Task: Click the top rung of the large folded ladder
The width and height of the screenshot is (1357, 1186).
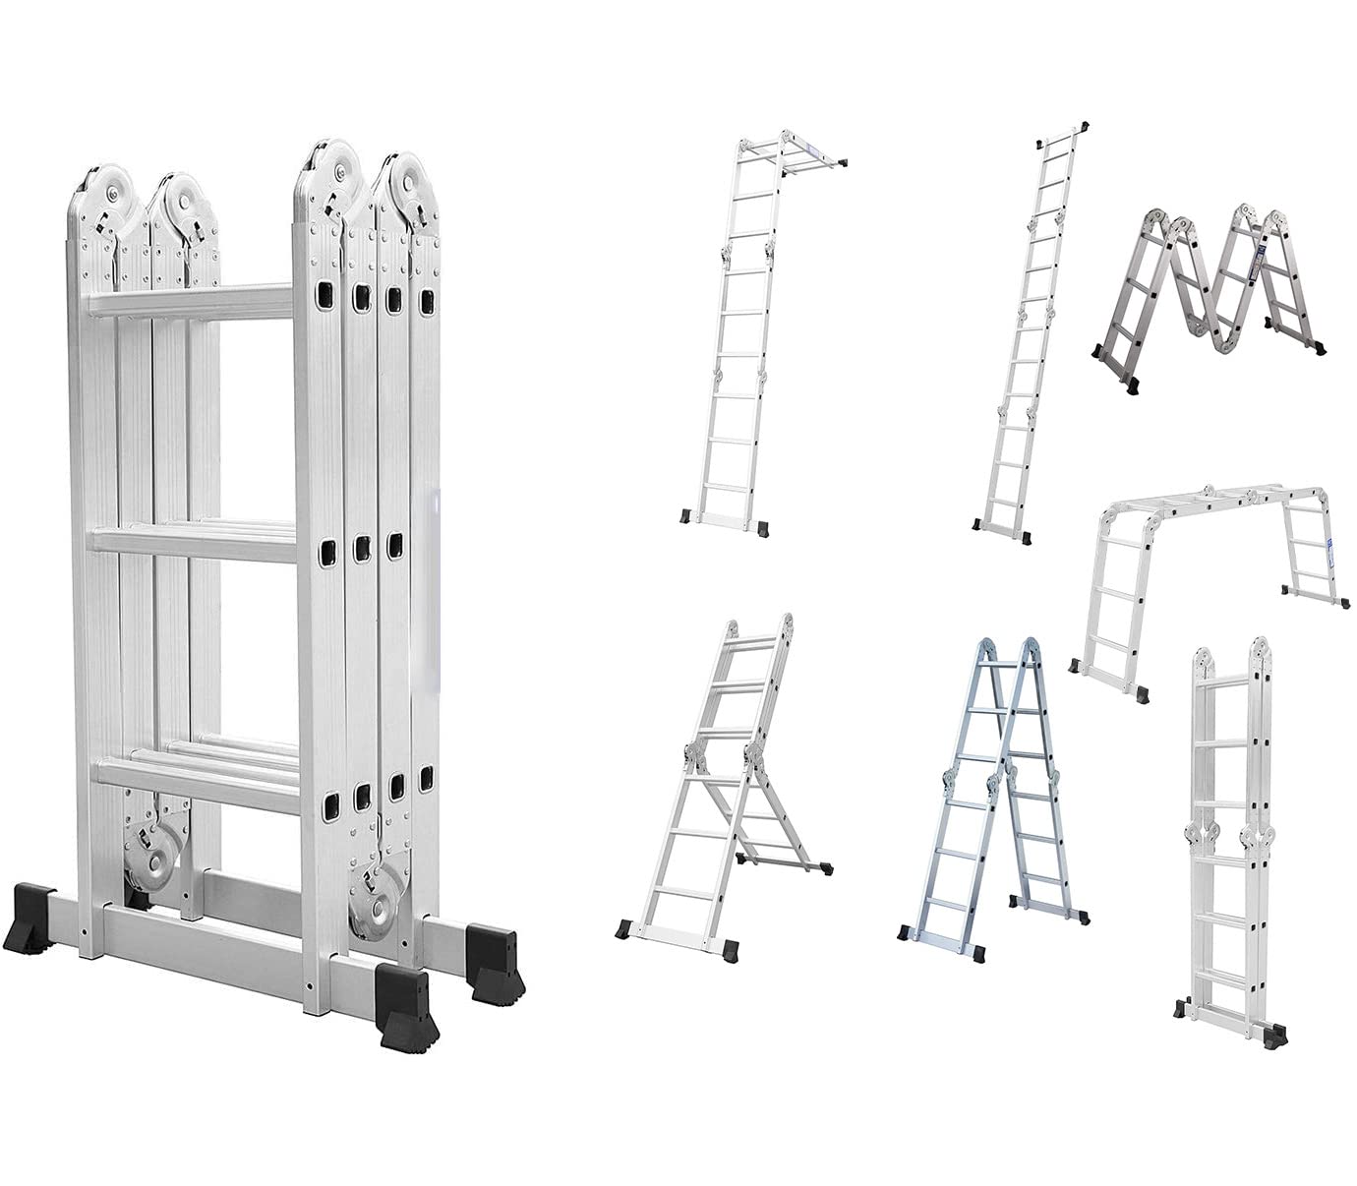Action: (x=192, y=299)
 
